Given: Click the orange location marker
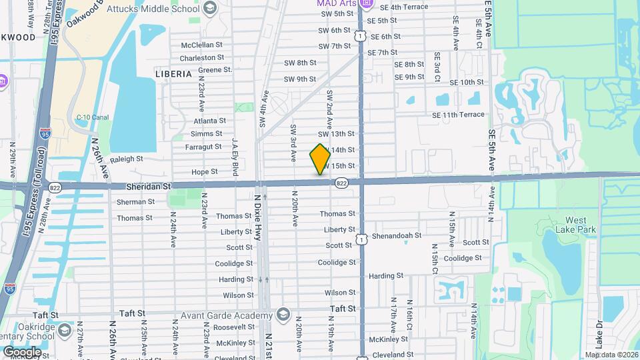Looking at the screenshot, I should pos(320,159).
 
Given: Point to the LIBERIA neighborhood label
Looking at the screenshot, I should pos(173,73).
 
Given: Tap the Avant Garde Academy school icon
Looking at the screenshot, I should pos(283,315).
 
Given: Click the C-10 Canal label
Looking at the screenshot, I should pos(92,117).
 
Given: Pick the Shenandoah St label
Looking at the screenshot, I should pos(397,235).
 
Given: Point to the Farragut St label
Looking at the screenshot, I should pos(203,146).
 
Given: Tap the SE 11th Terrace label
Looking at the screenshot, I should pos(458,115).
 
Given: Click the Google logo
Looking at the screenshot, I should pos(23,351).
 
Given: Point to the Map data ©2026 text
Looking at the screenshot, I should pos(611,355).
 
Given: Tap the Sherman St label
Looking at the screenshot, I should pos(135,201).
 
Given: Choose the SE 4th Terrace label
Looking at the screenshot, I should pos(403,7).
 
